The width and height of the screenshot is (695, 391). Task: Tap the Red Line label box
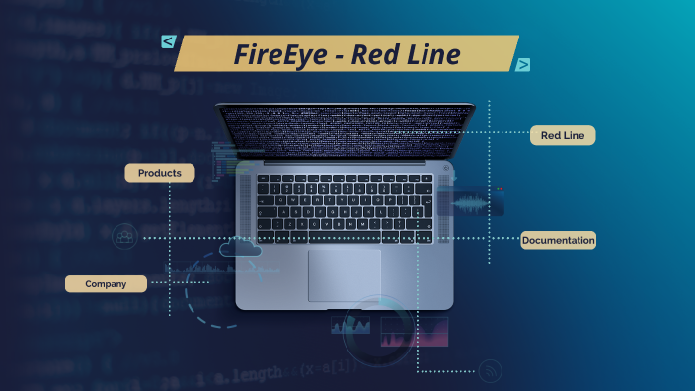563,135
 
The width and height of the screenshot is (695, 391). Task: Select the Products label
159,173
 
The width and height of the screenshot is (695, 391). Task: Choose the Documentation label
559,240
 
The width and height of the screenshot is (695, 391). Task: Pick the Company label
106,284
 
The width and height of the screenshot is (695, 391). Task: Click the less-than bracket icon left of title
169,41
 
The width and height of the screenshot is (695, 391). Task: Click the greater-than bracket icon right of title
522,65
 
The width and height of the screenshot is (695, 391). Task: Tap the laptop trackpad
344,274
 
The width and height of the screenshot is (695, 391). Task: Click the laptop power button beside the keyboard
446,169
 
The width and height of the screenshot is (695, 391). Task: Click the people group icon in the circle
124,237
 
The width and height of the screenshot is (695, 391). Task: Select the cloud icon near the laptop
241,248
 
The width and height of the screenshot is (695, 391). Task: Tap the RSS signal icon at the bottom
491,371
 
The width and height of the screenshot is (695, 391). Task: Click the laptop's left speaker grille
244,207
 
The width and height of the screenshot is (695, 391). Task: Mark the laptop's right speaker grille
445,207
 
